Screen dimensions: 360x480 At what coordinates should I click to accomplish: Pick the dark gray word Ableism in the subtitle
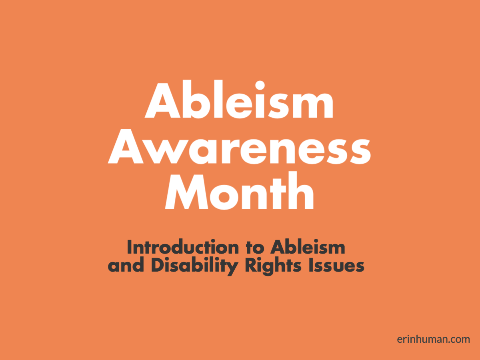coord(308,248)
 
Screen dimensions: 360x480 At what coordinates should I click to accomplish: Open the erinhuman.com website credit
coord(433,340)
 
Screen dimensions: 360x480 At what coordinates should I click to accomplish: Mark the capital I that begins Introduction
coord(130,248)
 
